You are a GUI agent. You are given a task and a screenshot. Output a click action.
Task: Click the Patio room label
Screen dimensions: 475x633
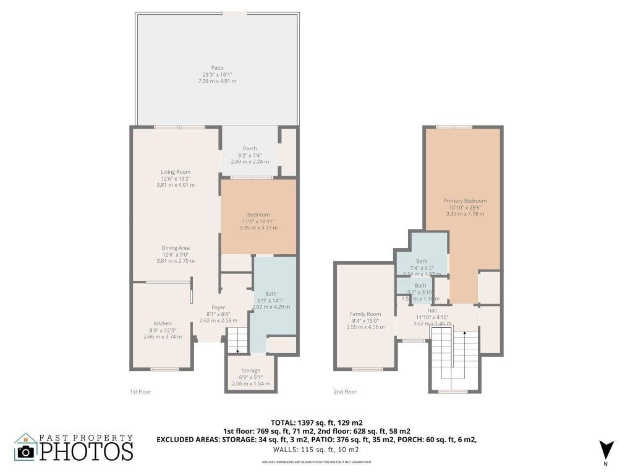coord(216,68)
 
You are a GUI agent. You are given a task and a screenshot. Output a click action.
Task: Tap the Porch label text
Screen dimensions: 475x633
coord(250,148)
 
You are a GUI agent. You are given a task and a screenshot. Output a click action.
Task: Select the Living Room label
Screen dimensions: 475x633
coord(175,171)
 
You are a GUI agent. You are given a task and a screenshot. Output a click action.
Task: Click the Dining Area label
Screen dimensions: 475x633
coord(175,247)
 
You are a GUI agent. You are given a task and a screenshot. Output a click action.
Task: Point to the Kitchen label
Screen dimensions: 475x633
coord(163,323)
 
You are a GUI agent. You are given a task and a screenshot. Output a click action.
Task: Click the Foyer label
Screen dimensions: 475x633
coord(218,307)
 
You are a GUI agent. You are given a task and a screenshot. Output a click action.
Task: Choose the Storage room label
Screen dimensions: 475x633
coord(250,371)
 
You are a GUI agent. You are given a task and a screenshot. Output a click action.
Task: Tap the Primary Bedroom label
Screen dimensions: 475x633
coord(465,200)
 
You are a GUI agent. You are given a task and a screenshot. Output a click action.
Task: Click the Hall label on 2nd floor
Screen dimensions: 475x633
coord(433,310)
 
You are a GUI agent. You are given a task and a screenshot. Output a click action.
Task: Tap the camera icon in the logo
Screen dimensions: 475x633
coord(27,451)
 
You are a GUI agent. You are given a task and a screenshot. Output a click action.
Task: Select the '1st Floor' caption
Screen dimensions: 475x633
coord(140,392)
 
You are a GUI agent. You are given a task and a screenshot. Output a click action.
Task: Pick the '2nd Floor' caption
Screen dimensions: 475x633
coord(346,392)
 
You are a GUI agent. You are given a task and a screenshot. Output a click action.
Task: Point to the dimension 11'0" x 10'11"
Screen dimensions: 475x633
coord(258,221)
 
